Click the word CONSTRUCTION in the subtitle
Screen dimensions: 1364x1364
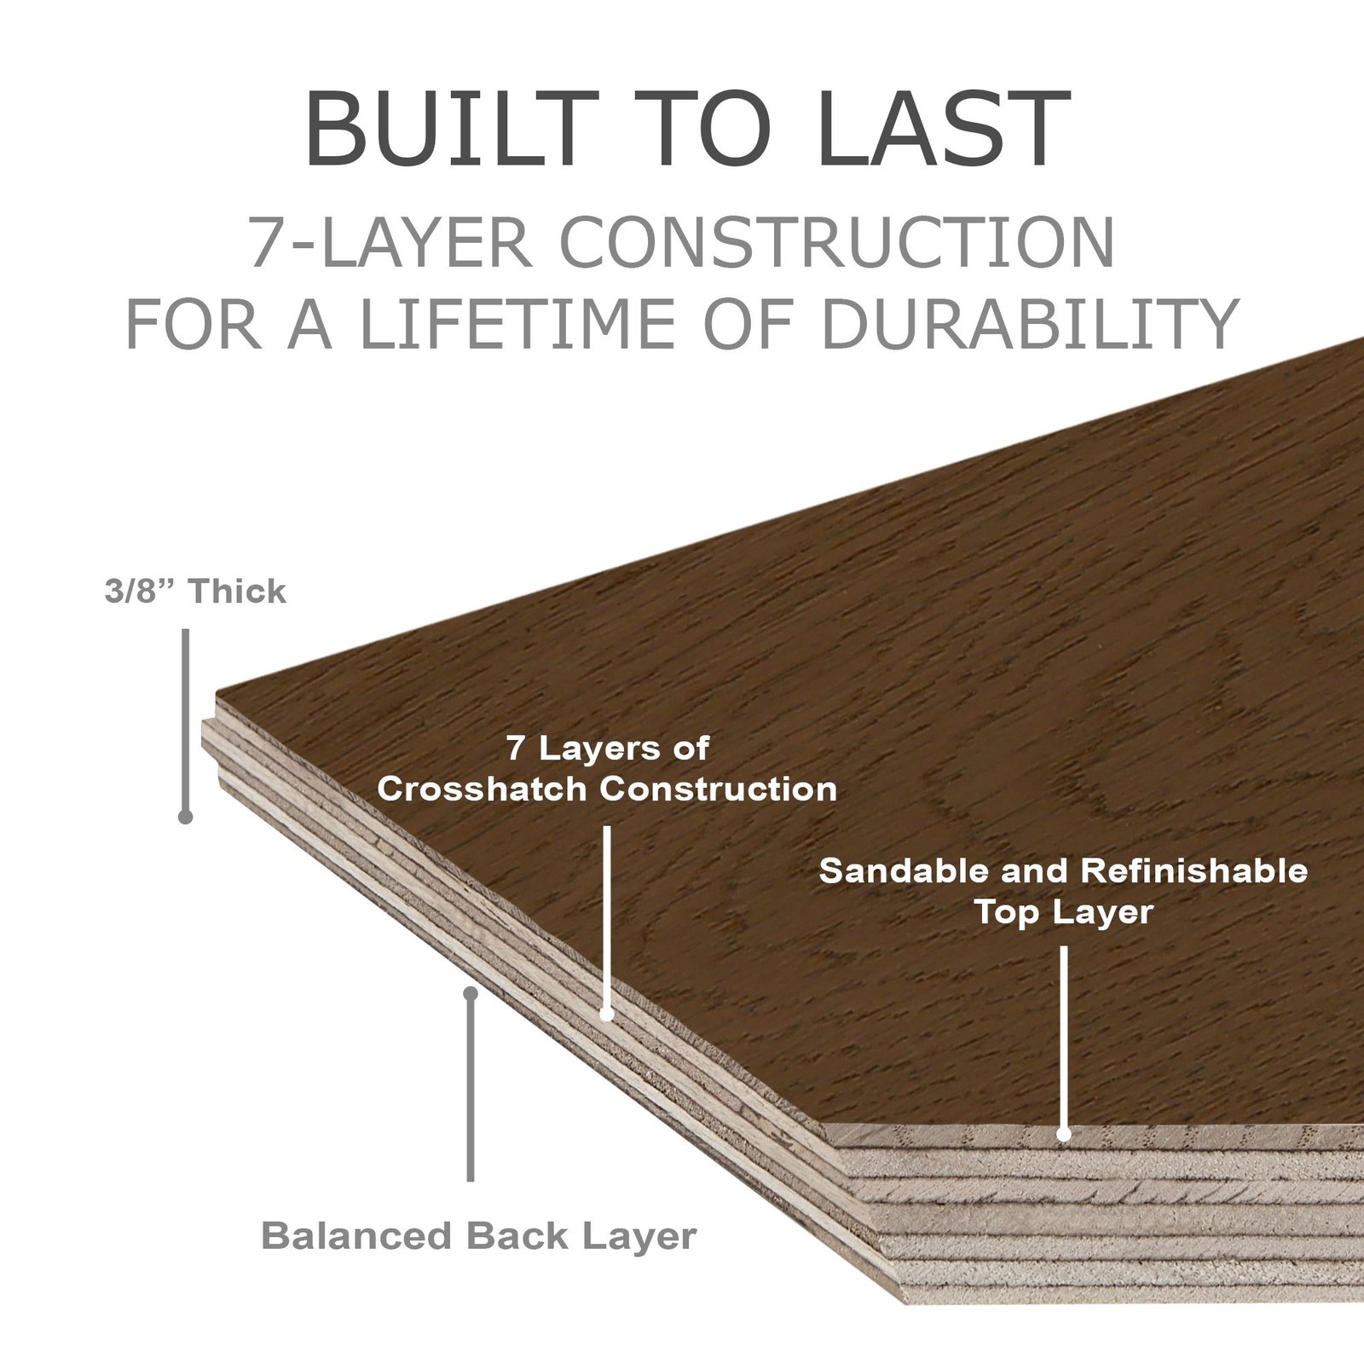(x=837, y=243)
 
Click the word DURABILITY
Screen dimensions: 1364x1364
(x=1030, y=323)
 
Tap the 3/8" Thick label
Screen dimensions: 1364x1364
(x=195, y=592)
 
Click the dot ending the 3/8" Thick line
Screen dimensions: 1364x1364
(x=185, y=817)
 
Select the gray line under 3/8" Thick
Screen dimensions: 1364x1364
(x=185, y=722)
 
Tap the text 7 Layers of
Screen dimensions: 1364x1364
(x=608, y=748)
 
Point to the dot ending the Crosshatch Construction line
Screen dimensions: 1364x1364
(x=607, y=1014)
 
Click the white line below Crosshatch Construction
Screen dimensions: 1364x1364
(x=607, y=919)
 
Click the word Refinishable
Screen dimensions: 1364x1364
(x=1194, y=870)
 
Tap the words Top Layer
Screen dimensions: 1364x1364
(x=1064, y=912)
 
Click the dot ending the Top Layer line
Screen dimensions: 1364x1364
(x=1064, y=1134)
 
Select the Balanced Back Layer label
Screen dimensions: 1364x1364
(x=478, y=1235)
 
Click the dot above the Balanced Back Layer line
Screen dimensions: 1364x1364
(x=471, y=993)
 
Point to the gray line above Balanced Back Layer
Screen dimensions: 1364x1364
(x=471, y=1088)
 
